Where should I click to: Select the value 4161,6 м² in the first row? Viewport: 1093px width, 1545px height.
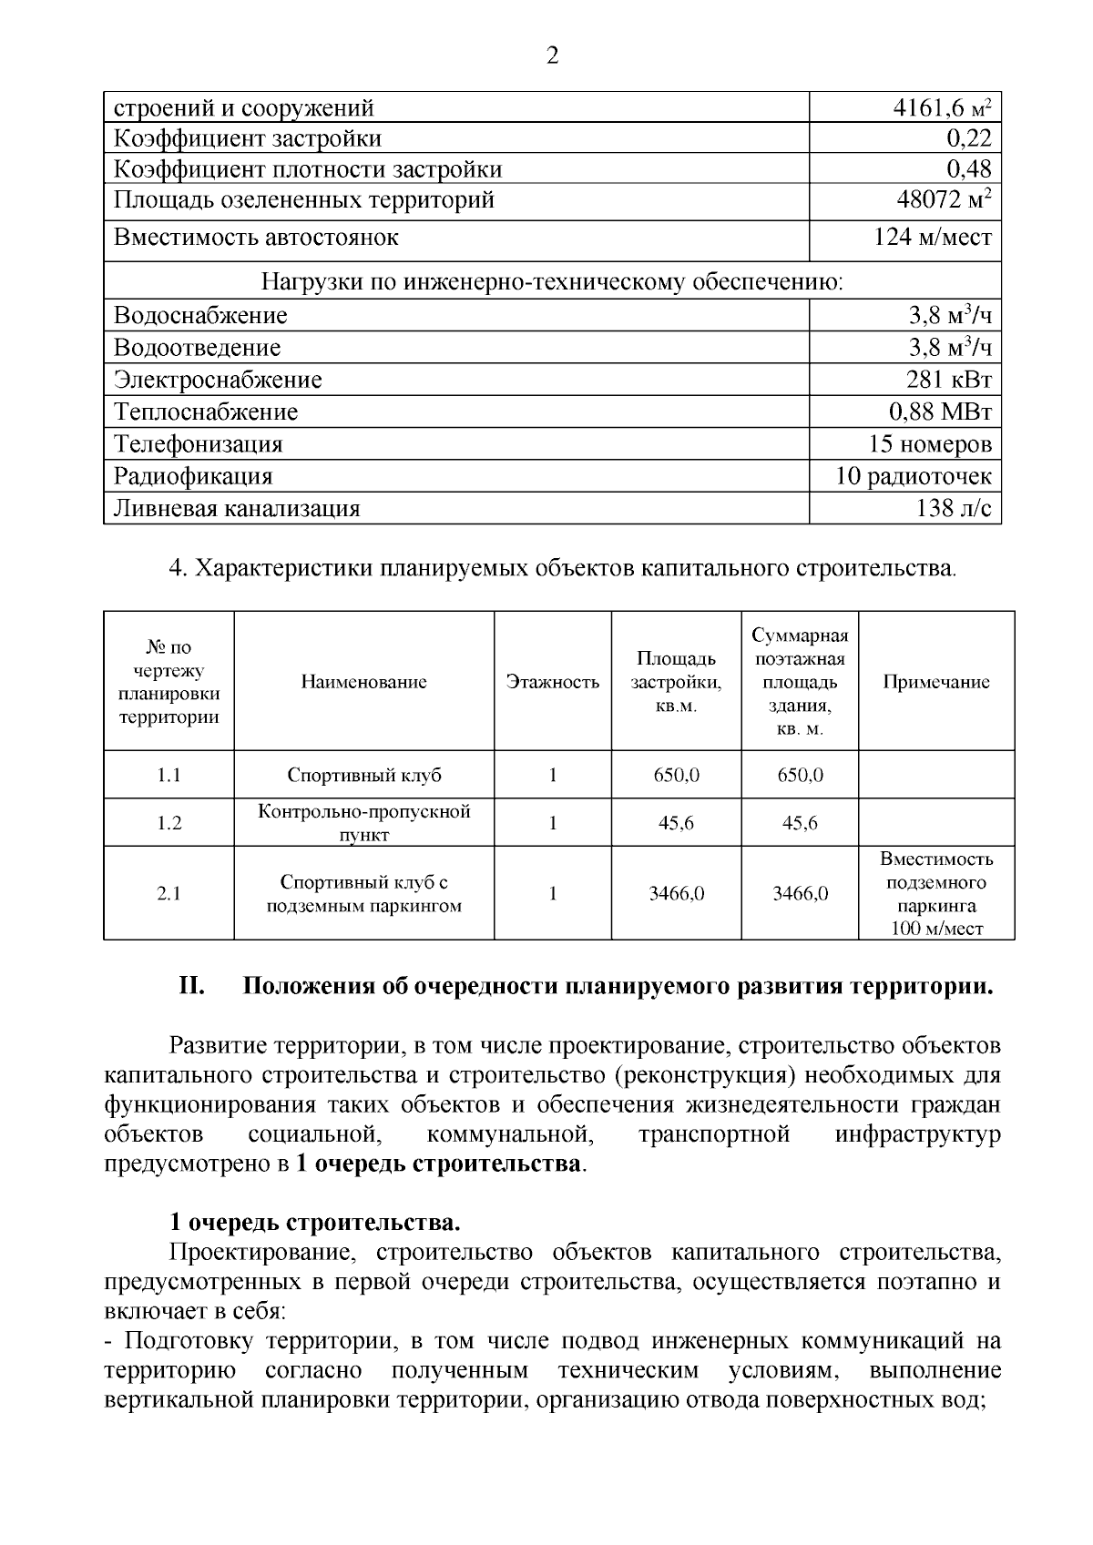click(941, 108)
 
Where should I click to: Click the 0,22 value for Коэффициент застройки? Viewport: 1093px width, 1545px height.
click(968, 138)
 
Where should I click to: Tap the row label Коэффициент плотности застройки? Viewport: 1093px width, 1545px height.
click(307, 169)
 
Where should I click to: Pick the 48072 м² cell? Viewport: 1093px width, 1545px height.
click(944, 199)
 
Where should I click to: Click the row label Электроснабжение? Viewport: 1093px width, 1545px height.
click(218, 380)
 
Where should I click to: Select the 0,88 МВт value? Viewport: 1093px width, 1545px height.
click(940, 412)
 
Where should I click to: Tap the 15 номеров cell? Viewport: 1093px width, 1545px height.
click(930, 444)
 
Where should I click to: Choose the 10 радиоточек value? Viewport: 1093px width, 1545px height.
click(914, 476)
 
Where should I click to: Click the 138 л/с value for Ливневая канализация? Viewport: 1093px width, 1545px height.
click(953, 508)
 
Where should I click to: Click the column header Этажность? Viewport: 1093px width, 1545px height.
click(552, 682)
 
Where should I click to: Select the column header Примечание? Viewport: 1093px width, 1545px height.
click(935, 682)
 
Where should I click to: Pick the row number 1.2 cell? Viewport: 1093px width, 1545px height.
click(169, 823)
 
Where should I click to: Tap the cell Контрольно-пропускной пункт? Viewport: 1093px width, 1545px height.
click(363, 823)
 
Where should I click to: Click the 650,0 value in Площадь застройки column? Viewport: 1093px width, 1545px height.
click(676, 775)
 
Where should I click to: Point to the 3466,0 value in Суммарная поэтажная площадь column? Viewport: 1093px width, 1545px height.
click(800, 893)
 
